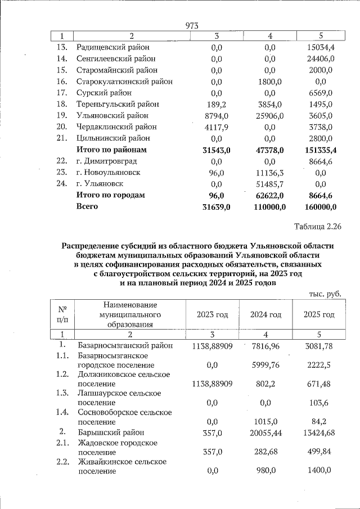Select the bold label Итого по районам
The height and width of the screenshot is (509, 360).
click(111, 150)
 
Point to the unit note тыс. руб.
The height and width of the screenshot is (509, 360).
click(326, 294)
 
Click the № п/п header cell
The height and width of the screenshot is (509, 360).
click(62, 314)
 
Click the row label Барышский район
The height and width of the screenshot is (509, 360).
click(111, 433)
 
